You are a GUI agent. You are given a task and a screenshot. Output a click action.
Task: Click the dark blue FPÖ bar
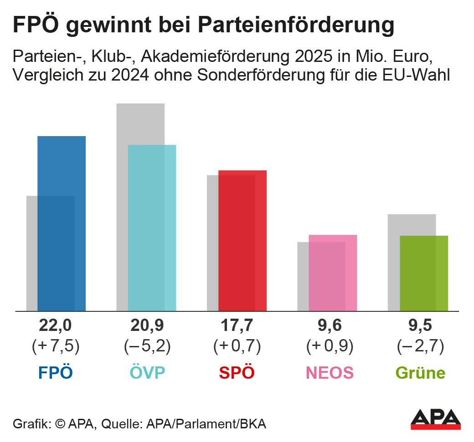click(62, 223)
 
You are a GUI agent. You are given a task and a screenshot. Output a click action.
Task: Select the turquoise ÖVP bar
click(152, 228)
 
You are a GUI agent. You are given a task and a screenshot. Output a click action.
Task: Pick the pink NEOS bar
click(333, 273)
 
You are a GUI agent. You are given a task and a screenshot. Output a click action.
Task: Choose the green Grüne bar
click(423, 273)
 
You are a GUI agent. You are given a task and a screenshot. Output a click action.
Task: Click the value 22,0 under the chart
click(56, 326)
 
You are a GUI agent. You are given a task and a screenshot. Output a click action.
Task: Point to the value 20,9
click(147, 326)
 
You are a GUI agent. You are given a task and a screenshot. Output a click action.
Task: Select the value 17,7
click(237, 326)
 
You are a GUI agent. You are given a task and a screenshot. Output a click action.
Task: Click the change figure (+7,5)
click(56, 347)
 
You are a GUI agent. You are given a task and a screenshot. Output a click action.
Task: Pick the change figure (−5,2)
click(147, 347)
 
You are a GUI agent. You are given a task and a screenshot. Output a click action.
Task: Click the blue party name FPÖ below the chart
click(56, 373)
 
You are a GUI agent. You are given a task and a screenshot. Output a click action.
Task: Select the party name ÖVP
click(147, 373)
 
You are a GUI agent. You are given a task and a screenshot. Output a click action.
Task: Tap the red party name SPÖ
click(237, 373)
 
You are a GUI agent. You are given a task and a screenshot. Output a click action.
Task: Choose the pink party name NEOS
click(329, 373)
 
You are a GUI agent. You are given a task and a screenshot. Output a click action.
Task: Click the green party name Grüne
click(420, 373)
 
